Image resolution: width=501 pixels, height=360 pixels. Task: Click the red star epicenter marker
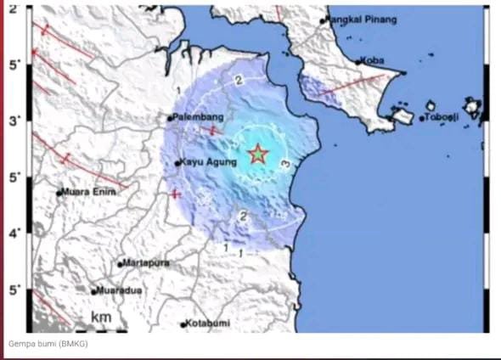258,154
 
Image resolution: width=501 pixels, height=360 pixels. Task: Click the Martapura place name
147,263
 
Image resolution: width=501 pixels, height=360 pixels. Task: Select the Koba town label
374,60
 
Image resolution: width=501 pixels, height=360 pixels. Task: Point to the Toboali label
442,116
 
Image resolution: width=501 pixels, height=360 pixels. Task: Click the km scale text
102,318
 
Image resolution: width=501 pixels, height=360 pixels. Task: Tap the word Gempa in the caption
22,344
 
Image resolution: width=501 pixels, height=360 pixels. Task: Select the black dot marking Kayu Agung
177,163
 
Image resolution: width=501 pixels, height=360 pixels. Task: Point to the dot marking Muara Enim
59,193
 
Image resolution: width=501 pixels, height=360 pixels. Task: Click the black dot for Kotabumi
183,324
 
